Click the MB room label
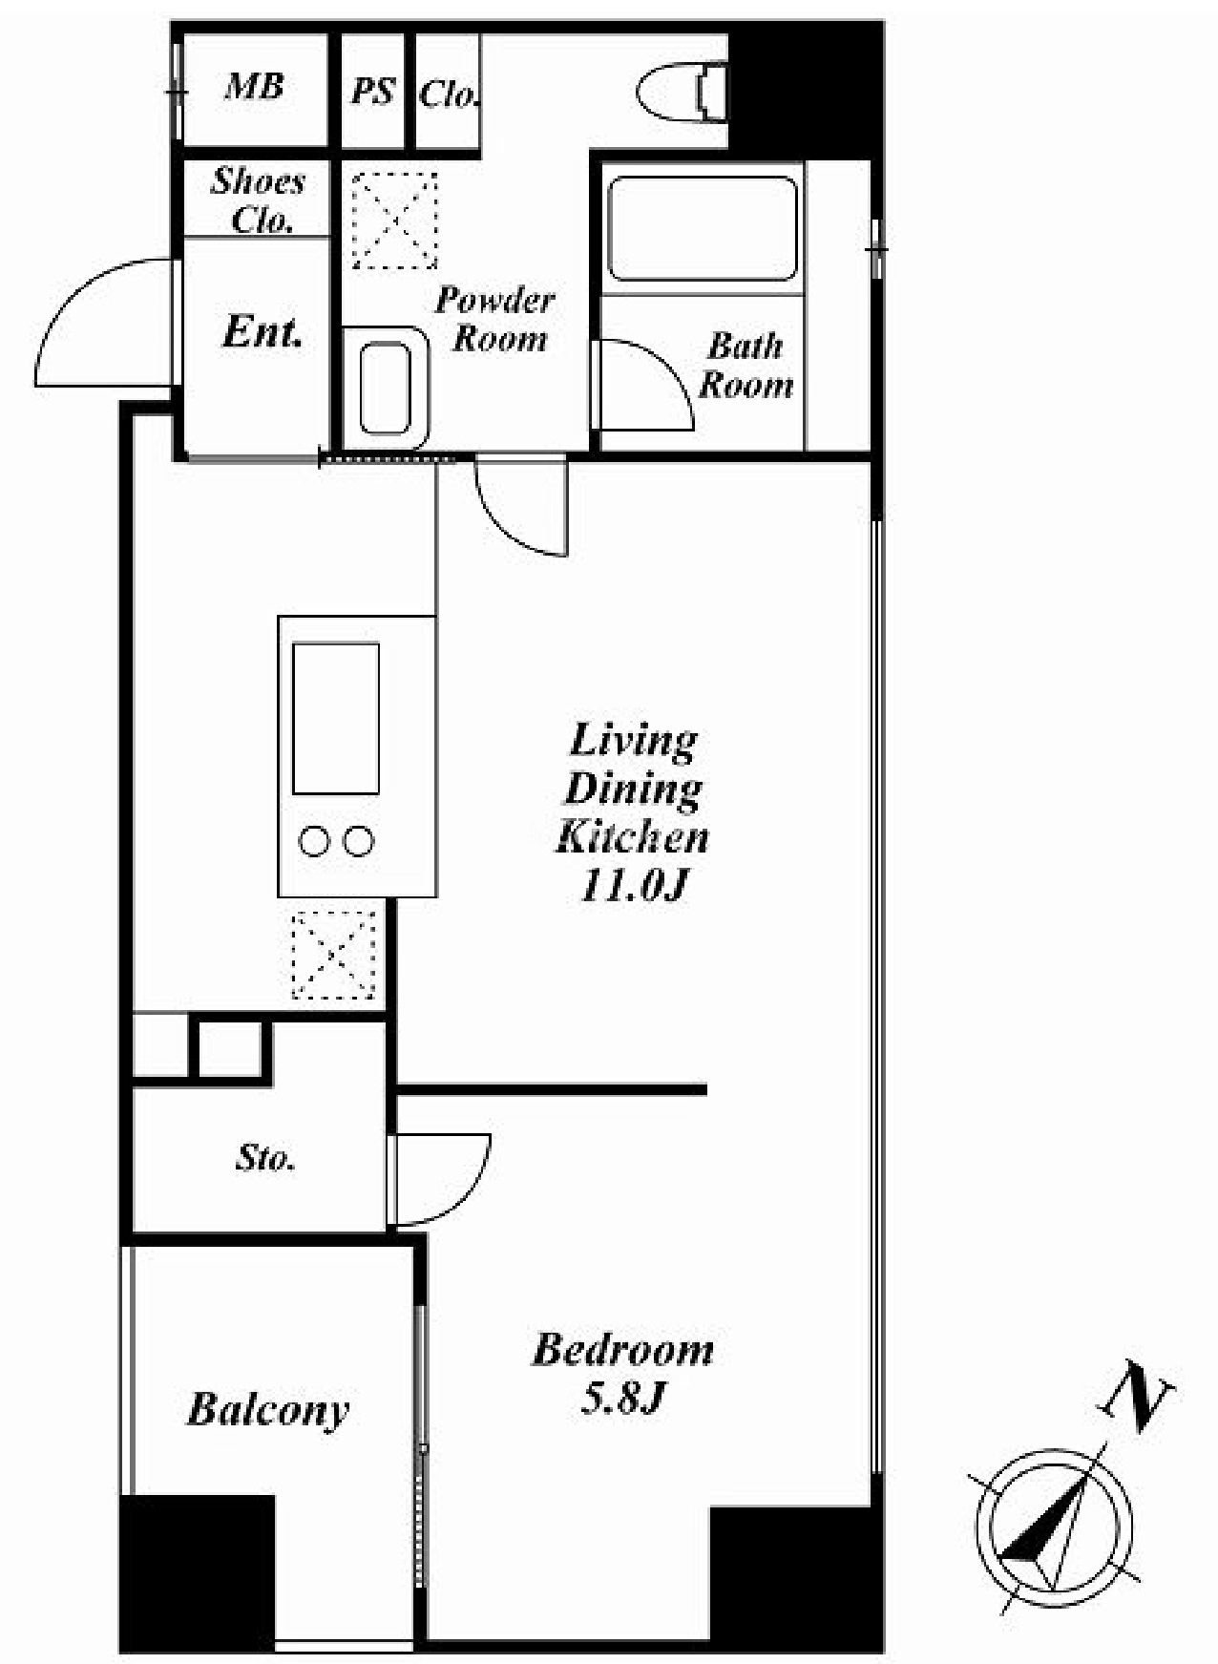tap(254, 87)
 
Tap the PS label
tap(373, 91)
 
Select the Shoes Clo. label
tap(258, 200)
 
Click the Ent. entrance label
tap(262, 331)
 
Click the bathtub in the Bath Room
tap(703, 228)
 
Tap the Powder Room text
tap(494, 319)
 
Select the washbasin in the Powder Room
tap(386, 389)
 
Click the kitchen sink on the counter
tap(336, 718)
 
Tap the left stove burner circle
tap(314, 841)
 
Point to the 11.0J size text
tap(634, 886)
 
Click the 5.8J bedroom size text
tap(622, 1399)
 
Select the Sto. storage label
tap(265, 1158)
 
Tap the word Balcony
tap(268, 1410)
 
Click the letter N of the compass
tap(1137, 1395)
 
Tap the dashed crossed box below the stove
tap(333, 955)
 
